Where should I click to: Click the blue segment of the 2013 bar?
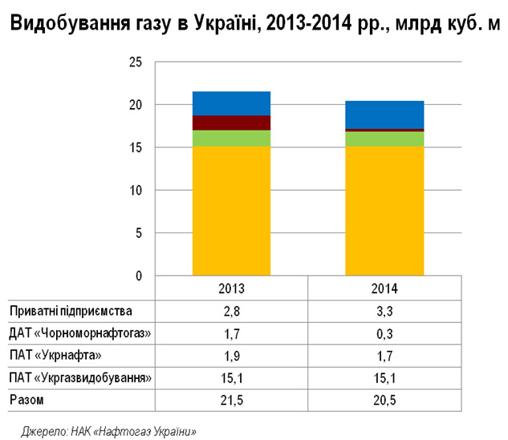pos(231,103)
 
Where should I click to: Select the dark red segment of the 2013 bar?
pos(231,123)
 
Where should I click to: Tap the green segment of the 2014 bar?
pos(384,139)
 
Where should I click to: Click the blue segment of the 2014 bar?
pos(384,115)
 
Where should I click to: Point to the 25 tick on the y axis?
pos(135,63)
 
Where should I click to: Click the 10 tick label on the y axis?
pos(135,191)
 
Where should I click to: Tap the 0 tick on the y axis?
pos(138,277)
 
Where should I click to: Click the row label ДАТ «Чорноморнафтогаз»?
pos(79,333)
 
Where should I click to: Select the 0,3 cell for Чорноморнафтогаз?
pos(384,333)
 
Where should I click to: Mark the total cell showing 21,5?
pos(231,398)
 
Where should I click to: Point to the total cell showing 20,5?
pos(384,398)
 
